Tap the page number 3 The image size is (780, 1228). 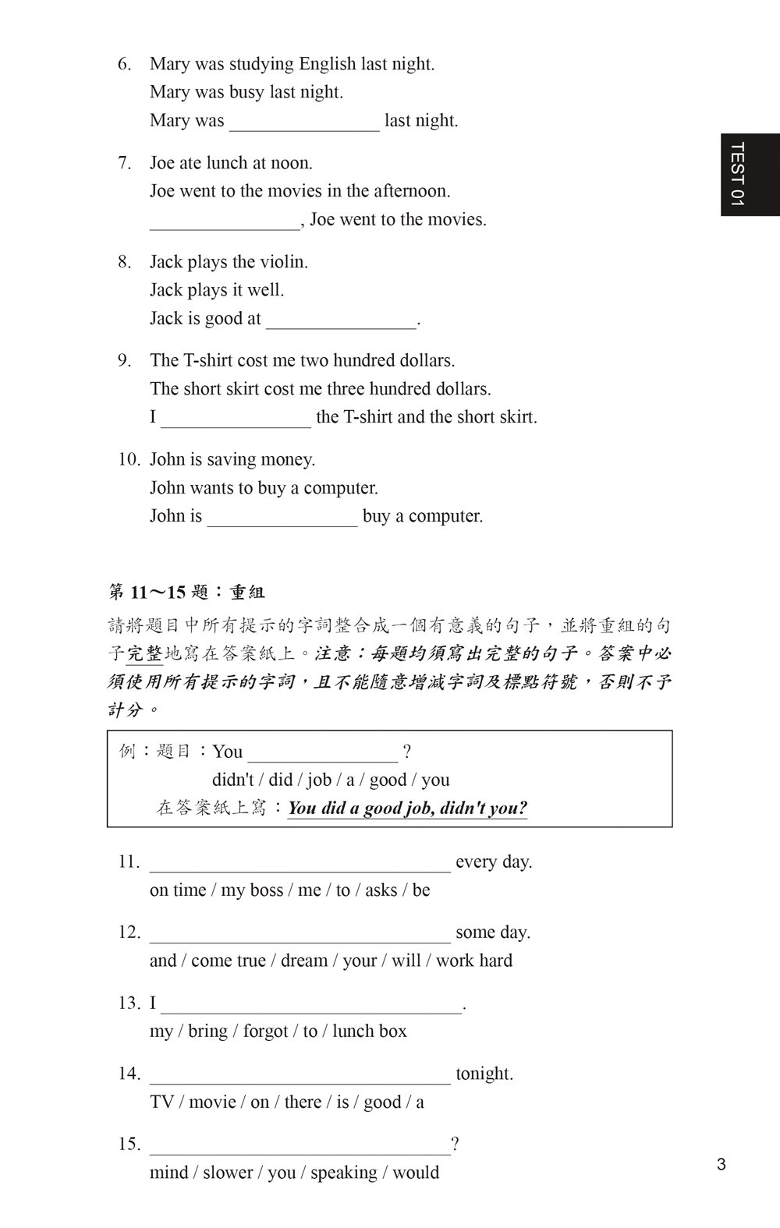tap(721, 1165)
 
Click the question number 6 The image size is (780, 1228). tap(125, 64)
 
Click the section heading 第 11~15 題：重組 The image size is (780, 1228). tap(186, 593)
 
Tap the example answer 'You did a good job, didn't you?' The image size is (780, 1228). tap(407, 808)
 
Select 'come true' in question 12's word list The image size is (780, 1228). tap(226, 961)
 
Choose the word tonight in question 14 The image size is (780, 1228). tap(484, 1074)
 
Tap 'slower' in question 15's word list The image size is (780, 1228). tap(228, 1173)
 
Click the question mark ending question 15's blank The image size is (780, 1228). tap(455, 1145)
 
